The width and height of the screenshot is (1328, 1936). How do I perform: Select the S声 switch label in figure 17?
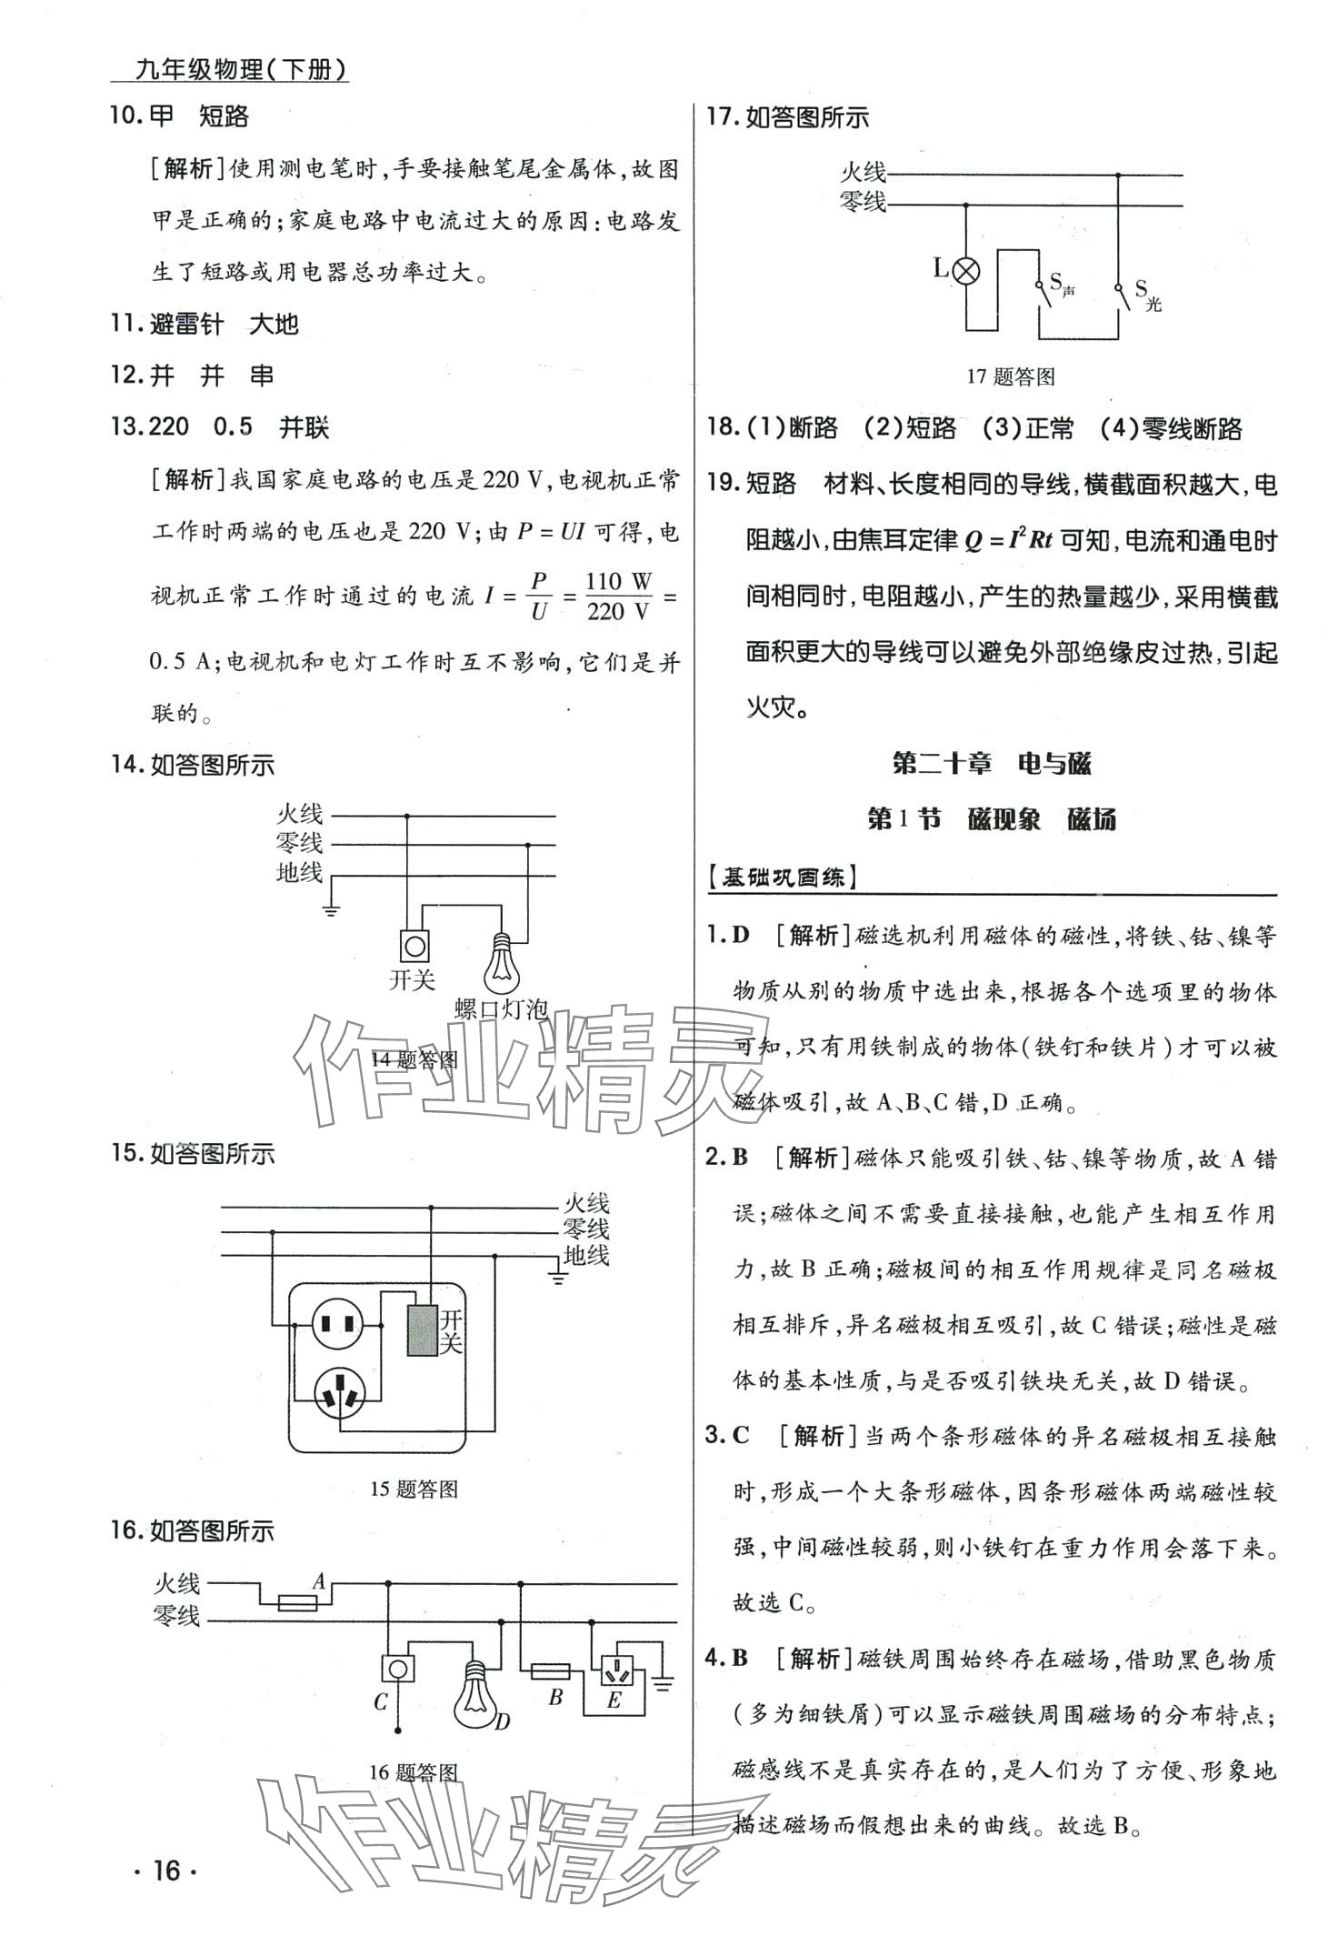[1062, 285]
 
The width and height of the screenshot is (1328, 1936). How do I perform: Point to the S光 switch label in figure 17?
[1147, 296]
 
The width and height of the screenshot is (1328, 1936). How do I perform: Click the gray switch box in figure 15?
[422, 1330]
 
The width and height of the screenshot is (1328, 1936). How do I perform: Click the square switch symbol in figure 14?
[415, 946]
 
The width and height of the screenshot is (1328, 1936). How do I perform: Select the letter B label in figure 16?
[555, 1696]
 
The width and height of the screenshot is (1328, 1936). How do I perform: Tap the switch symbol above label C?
[397, 1668]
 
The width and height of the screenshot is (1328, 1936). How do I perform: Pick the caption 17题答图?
[1011, 376]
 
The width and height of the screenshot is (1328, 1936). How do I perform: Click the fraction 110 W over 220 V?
[618, 597]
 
